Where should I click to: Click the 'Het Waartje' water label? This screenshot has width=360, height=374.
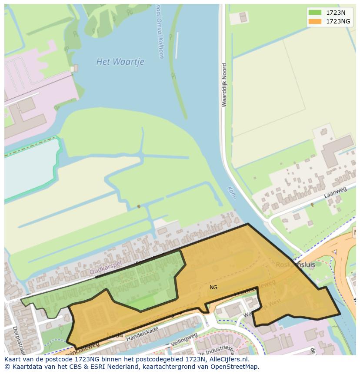coord(120,62)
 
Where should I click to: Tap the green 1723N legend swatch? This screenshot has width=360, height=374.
coord(315,13)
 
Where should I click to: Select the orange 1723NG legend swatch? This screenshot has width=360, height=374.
coord(315,21)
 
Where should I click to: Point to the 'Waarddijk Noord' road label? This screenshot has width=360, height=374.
coord(224,85)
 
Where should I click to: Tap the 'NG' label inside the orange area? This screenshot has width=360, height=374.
coord(213,288)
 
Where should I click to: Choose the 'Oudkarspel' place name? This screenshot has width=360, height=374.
coord(105,270)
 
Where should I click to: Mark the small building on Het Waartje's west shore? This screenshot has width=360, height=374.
coord(76,68)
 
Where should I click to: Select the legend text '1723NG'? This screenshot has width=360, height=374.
coord(338,21)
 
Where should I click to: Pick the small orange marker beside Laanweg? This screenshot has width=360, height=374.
coord(312,204)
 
